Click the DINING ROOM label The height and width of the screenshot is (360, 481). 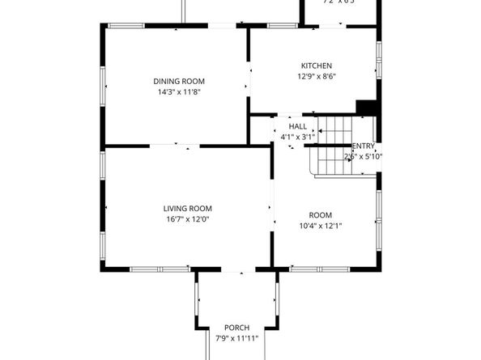(x=179, y=81)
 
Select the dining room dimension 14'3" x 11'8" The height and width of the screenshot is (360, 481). (x=179, y=92)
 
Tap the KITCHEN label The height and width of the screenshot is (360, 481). (x=317, y=66)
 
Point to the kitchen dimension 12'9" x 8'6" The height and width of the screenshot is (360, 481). (x=317, y=77)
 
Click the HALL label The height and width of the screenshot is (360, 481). (x=297, y=126)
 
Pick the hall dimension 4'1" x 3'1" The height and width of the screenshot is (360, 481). (x=297, y=137)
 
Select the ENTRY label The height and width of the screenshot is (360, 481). (x=364, y=146)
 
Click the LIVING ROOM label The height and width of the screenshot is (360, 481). (x=187, y=208)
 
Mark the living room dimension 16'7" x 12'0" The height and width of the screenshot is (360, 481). (x=187, y=219)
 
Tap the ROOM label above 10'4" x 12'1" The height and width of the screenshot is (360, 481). (x=320, y=214)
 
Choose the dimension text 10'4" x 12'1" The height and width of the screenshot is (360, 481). (x=320, y=226)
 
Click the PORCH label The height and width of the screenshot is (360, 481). (x=236, y=327)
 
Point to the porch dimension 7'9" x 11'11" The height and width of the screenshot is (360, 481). (x=236, y=338)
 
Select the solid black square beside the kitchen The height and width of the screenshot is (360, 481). (x=367, y=108)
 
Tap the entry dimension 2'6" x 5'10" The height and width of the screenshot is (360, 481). (x=364, y=156)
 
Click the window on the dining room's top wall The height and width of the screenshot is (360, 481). (x=126, y=26)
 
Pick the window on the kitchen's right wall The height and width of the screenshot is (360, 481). (x=378, y=61)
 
